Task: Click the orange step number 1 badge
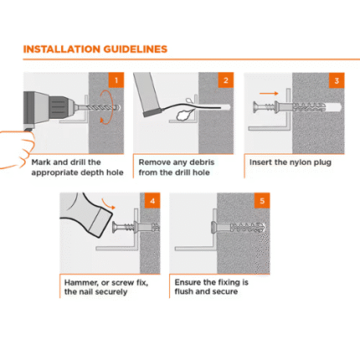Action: point(116,80)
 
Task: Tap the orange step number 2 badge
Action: point(226,80)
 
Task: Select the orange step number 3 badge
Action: point(337,80)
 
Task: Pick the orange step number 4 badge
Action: point(152,201)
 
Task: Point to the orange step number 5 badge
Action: point(262,201)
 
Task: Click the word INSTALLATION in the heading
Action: point(62,49)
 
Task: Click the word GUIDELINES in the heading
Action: point(136,49)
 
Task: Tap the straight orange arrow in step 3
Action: point(269,94)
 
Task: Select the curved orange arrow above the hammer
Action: point(109,203)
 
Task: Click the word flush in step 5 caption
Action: point(183,291)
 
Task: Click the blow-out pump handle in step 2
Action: point(147,95)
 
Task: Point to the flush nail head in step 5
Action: point(213,227)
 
